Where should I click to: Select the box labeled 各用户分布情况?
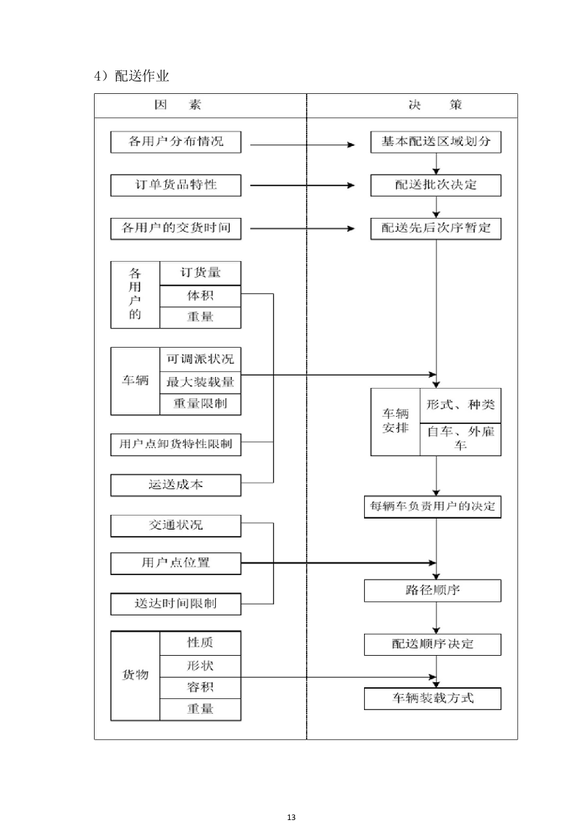point(176,142)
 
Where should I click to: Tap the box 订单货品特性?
point(176,186)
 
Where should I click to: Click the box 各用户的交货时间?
point(176,228)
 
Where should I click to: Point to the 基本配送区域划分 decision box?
point(436,142)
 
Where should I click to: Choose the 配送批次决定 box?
point(436,185)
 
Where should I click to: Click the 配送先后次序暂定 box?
point(436,228)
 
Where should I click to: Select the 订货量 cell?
point(200,273)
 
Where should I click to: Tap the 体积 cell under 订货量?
point(200,295)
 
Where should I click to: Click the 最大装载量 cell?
point(200,381)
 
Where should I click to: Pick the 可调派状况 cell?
point(200,359)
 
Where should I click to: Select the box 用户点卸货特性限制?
point(176,444)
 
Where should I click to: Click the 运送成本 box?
point(176,484)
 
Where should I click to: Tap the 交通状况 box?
point(176,525)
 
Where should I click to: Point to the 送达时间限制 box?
point(176,604)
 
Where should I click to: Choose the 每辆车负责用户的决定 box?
point(433,507)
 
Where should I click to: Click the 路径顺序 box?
point(433,590)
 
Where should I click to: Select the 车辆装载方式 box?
point(433,698)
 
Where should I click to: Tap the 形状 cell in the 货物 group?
point(200,665)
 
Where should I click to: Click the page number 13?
point(291,797)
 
